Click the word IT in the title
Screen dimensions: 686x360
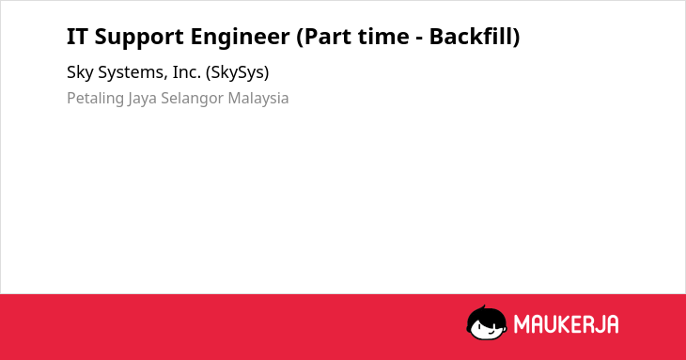tap(77, 37)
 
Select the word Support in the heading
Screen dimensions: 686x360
tap(139, 38)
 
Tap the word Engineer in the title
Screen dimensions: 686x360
tap(240, 38)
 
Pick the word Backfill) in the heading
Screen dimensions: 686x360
tap(475, 37)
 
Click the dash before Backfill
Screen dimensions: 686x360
tap(419, 39)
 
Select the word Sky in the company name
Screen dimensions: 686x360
tap(80, 72)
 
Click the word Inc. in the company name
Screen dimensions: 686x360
tap(187, 72)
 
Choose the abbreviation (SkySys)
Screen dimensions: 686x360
tap(237, 72)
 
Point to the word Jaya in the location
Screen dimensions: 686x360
tap(143, 99)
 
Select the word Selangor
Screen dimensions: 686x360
tap(193, 99)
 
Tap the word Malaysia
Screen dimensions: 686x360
tap(258, 99)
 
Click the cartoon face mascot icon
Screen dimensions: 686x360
tap(487, 322)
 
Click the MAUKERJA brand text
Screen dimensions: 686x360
tap(566, 324)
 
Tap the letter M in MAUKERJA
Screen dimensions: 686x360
tap(522, 324)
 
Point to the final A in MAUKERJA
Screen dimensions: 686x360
tap(613, 324)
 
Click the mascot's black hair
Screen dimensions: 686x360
tap(485, 314)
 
